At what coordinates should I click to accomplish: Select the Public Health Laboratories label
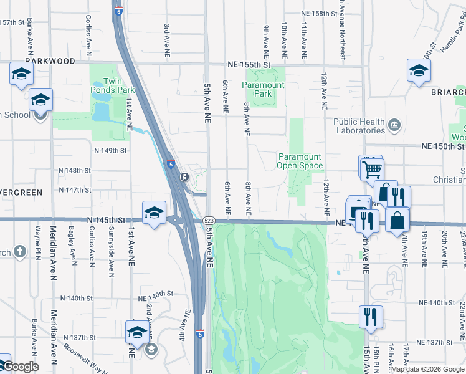tap(358, 126)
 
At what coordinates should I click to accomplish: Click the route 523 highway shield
tap(209, 221)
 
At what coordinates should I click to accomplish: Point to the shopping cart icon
tap(372, 168)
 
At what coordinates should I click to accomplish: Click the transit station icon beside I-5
tap(184, 177)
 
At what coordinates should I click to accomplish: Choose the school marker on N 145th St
tap(154, 213)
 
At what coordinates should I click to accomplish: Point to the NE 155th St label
tap(249, 64)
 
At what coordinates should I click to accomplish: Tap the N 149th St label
tap(110, 151)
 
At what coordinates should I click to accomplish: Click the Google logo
tap(21, 367)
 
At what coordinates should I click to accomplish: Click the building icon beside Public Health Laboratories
tap(394, 125)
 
